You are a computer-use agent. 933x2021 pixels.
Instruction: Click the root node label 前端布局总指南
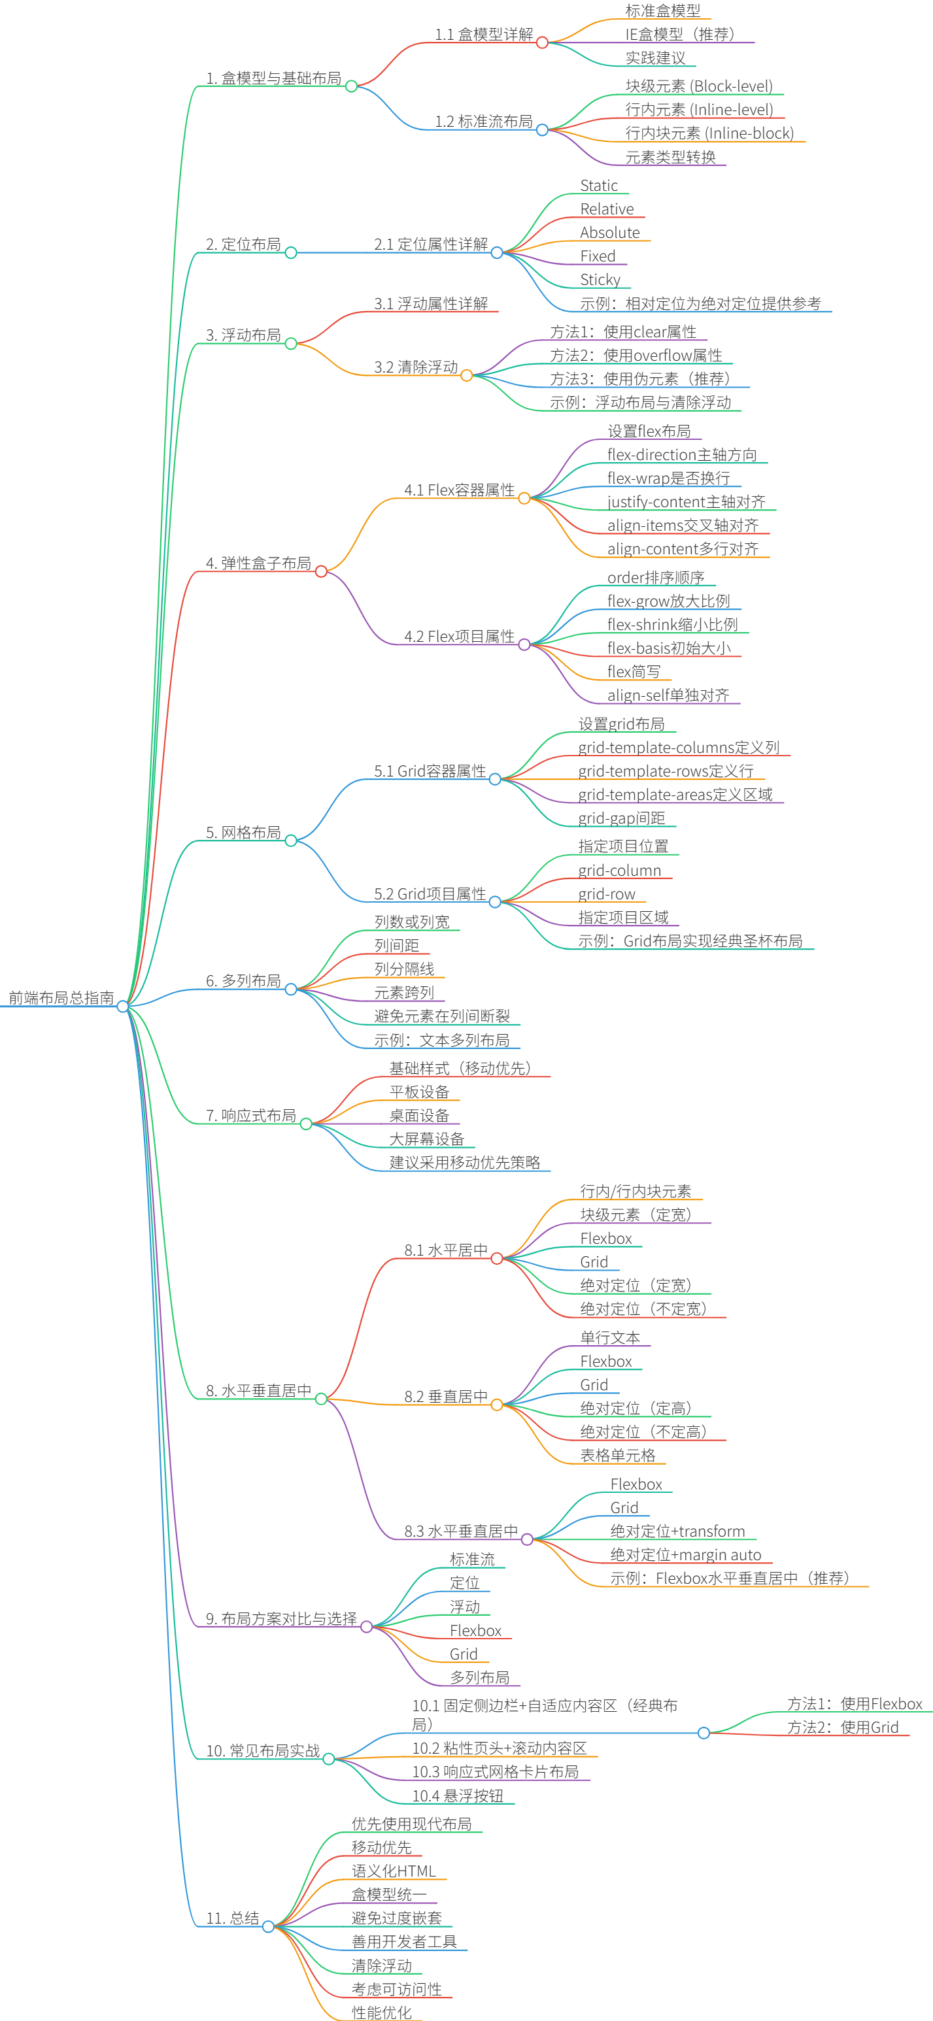coord(61,997)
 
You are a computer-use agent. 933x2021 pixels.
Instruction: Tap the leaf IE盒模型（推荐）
coord(679,35)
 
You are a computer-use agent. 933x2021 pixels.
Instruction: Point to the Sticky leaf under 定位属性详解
coord(600,280)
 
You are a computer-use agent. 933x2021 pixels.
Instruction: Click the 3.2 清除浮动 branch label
coord(416,367)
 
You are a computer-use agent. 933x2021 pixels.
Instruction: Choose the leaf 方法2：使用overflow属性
coord(636,356)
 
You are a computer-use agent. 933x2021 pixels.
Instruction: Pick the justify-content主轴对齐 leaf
coord(686,502)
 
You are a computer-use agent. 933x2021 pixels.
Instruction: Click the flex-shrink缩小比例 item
coord(673,624)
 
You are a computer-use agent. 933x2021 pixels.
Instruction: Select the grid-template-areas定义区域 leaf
coord(675,795)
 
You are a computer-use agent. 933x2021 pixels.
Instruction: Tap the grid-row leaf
coord(607,894)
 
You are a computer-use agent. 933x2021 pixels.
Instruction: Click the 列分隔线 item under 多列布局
coord(404,969)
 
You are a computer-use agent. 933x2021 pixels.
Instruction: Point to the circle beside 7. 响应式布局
coord(306,1124)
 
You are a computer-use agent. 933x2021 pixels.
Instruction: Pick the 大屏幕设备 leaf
coord(427,1139)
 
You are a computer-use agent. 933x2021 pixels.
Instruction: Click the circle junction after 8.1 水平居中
coord(497,1258)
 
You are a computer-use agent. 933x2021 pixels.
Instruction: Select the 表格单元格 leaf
coord(618,1456)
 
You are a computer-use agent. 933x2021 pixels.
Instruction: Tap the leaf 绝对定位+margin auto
coord(685,1555)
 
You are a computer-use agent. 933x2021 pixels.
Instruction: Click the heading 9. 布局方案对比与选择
coord(281,1618)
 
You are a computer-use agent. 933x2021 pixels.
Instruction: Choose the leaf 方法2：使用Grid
coord(843,1727)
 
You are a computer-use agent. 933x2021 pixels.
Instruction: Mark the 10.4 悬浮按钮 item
coord(458,1796)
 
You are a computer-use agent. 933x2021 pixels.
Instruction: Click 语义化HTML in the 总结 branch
coord(393,1871)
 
